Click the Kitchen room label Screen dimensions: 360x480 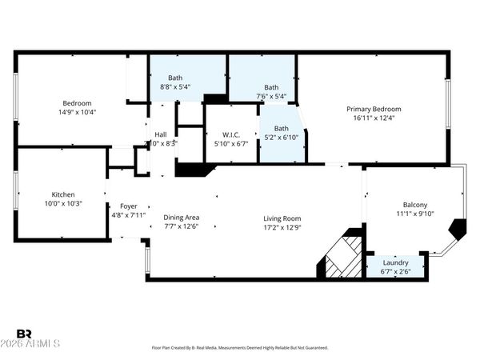[x=62, y=194]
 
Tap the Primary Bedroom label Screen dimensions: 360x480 [x=373, y=109]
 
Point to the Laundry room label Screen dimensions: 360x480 [x=395, y=262]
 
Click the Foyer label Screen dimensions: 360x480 [x=128, y=205]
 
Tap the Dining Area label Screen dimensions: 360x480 [x=181, y=218]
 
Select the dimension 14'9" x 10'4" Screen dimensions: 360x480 [x=78, y=112]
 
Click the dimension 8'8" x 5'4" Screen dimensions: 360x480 [x=174, y=86]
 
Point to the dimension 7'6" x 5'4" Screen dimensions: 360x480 [x=271, y=97]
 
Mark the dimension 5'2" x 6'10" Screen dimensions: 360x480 [x=281, y=138]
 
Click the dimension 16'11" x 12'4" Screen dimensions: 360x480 [x=373, y=118]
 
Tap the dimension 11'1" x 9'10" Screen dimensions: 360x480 [x=414, y=214]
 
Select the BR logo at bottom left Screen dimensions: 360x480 [x=24, y=334]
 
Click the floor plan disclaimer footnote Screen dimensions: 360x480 [x=239, y=348]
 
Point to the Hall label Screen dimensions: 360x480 [x=161, y=134]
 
